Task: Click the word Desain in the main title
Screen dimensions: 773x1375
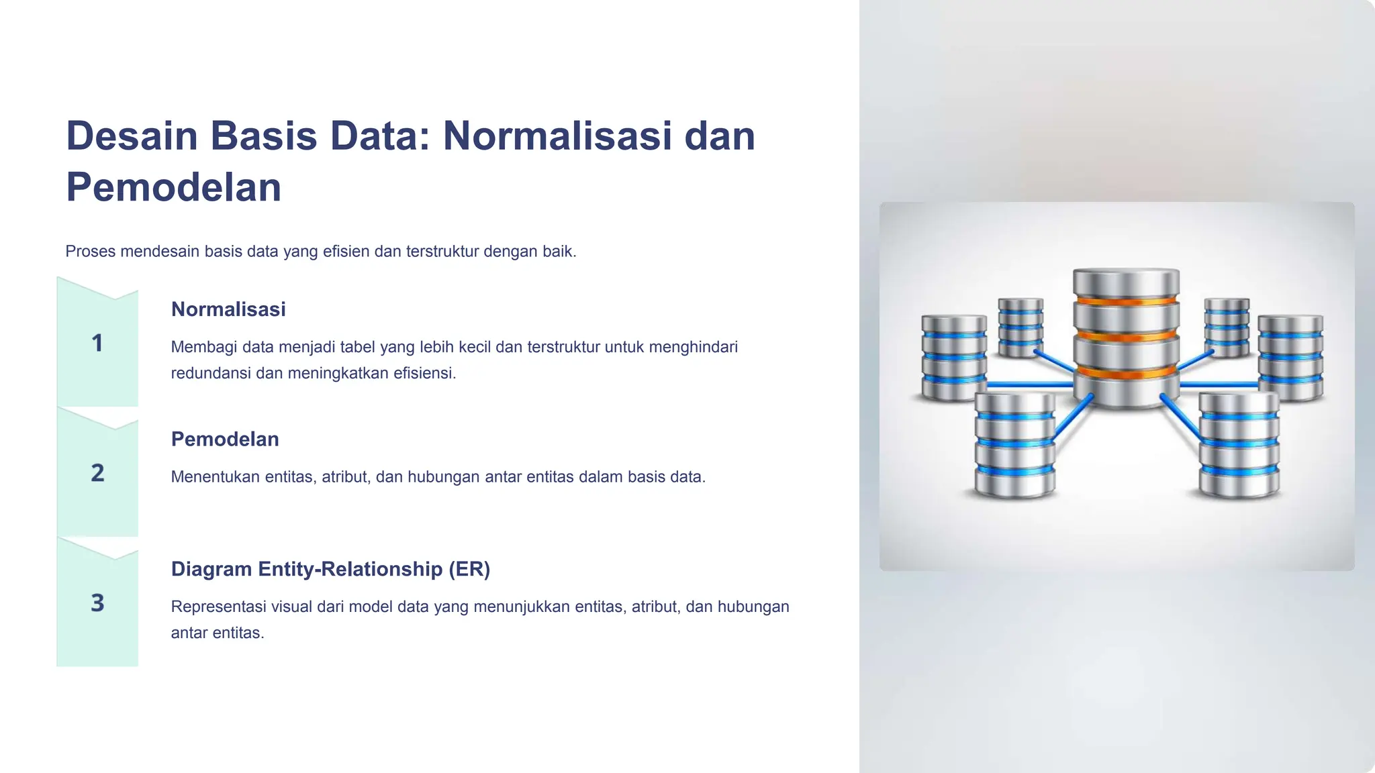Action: point(132,136)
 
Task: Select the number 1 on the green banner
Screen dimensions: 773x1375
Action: point(97,343)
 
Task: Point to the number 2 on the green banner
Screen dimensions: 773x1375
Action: point(97,473)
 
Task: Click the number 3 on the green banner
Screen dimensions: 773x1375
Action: point(97,603)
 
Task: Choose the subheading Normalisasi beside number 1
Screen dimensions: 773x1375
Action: point(228,309)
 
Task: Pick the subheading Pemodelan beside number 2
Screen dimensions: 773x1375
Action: point(225,440)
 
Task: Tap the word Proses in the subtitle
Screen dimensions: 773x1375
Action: point(90,252)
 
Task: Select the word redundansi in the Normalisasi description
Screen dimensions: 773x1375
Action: point(211,373)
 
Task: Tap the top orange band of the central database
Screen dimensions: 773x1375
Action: point(1126,301)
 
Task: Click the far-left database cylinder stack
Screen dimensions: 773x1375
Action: point(954,357)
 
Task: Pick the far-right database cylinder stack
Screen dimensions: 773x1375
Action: point(1290,357)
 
